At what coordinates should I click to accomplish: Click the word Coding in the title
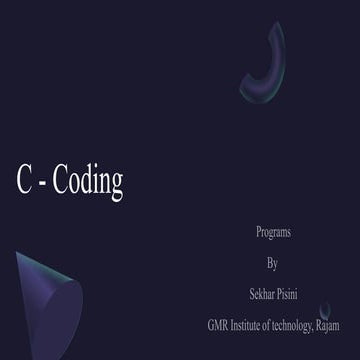[x=86, y=180]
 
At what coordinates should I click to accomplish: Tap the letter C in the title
[x=25, y=180]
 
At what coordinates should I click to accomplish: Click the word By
[x=273, y=265]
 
